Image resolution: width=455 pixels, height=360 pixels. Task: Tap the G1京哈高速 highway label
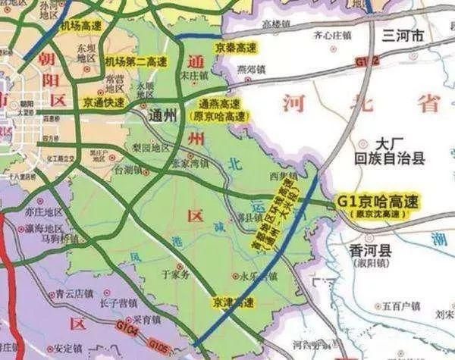pyautogui.click(x=378, y=202)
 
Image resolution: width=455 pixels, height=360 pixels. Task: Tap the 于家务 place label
pyautogui.click(x=175, y=278)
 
